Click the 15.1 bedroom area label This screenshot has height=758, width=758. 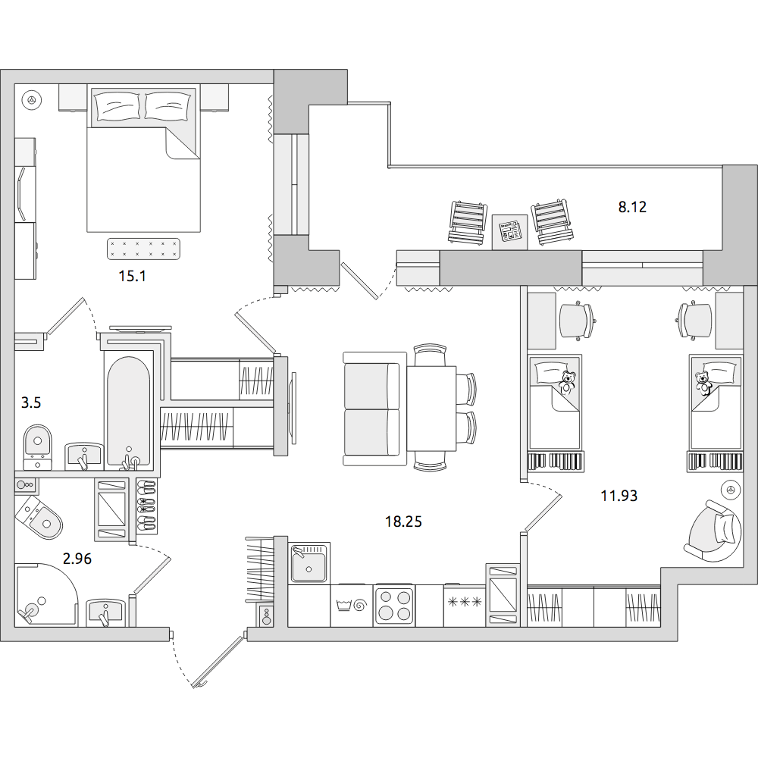[132, 276]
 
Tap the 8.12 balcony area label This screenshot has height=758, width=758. [632, 207]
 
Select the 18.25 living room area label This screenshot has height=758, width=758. [403, 522]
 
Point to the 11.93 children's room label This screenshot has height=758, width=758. [619, 496]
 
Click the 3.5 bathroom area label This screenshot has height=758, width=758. [31, 402]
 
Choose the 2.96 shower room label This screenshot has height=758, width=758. [77, 559]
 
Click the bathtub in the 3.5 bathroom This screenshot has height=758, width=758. [129, 412]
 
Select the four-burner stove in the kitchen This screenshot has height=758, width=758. [394, 606]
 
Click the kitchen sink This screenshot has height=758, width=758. [309, 563]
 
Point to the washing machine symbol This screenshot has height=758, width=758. [351, 605]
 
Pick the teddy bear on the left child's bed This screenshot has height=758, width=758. [567, 383]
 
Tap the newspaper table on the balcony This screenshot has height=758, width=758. [509, 232]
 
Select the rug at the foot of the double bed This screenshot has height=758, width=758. [143, 249]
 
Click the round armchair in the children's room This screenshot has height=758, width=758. [713, 531]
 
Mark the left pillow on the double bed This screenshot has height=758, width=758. [117, 106]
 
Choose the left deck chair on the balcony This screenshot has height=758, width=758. [467, 222]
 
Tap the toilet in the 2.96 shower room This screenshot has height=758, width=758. [39, 517]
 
